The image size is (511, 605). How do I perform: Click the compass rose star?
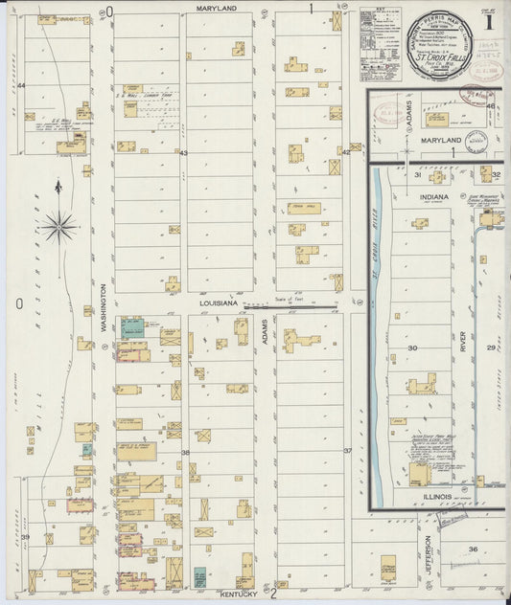[x=58, y=227]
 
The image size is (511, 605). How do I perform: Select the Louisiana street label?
[x=218, y=302]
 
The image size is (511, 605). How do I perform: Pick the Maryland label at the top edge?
[x=217, y=7]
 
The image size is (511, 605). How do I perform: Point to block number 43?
[x=183, y=152]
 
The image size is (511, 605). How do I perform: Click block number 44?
[x=20, y=86]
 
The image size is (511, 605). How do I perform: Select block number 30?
[x=413, y=347]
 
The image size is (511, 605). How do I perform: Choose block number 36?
[x=473, y=549]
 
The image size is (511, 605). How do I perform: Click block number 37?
[x=348, y=450]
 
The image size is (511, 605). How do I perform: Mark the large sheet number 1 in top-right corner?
[x=490, y=20]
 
